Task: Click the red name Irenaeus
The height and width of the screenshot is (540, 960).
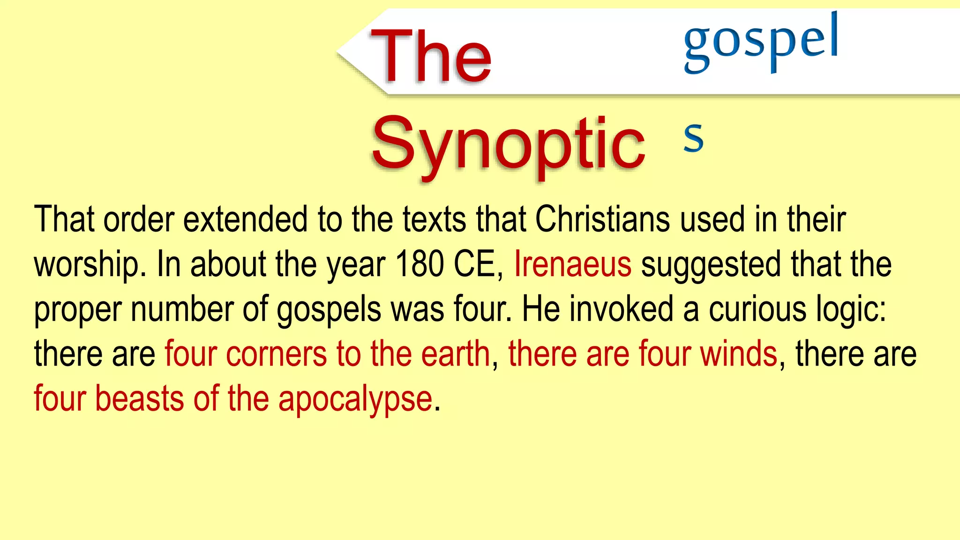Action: (573, 264)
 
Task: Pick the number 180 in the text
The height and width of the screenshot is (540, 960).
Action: (420, 264)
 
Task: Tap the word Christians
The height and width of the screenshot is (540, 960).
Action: (602, 219)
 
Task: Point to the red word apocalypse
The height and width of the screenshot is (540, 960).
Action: (355, 399)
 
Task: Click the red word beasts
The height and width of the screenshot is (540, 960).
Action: (139, 399)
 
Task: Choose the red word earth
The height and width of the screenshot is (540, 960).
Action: (455, 354)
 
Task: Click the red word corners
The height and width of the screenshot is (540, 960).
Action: (276, 354)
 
